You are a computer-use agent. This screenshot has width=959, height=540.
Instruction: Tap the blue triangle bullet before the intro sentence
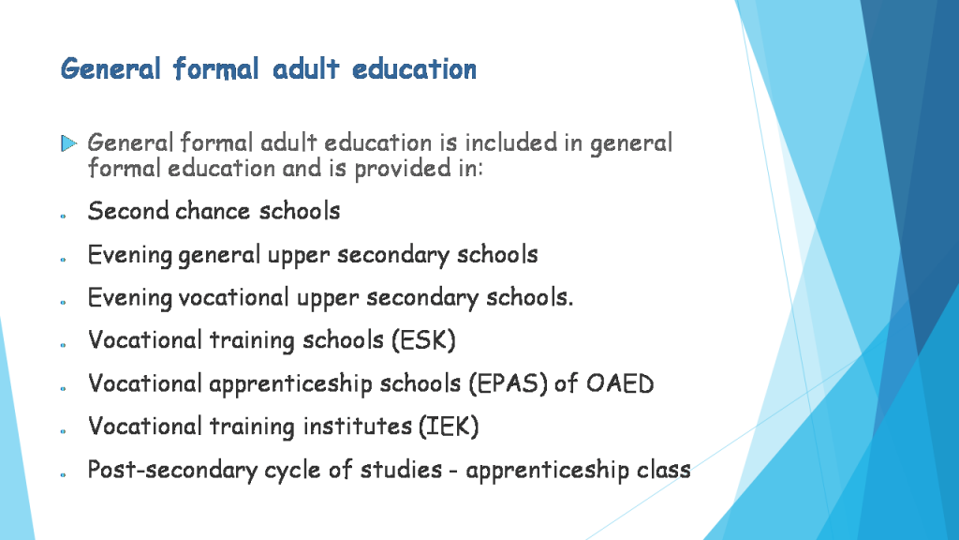click(68, 143)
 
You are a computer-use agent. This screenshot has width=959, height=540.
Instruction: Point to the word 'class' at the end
click(663, 470)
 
